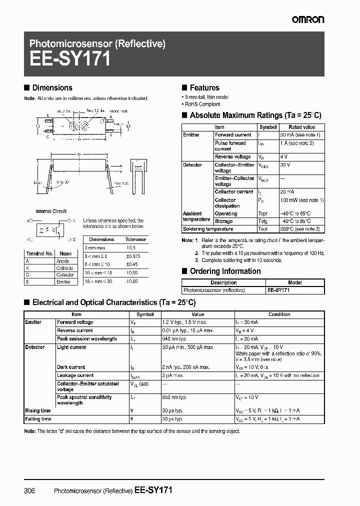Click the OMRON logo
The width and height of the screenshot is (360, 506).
pyautogui.click(x=307, y=19)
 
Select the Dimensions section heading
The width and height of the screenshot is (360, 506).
pyautogui.click(x=52, y=87)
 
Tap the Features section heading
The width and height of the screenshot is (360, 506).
pyautogui.click(x=204, y=87)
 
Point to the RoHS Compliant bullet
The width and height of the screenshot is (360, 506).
pyautogui.click(x=202, y=104)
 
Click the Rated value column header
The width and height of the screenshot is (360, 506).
pyautogui.click(x=302, y=127)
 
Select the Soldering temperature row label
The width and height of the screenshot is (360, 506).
pyautogui.click(x=208, y=229)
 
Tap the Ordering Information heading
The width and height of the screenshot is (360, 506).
pyautogui.click(x=225, y=271)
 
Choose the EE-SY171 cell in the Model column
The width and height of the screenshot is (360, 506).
pyautogui.click(x=278, y=290)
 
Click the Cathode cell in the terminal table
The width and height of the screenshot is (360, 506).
pyautogui.click(x=65, y=268)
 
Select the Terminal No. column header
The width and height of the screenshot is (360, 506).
pyautogui.click(x=39, y=253)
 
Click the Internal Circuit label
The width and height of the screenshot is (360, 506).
pyautogui.click(x=51, y=211)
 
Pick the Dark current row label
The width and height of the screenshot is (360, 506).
pyautogui.click(x=71, y=367)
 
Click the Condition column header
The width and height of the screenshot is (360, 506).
pyautogui.click(x=279, y=314)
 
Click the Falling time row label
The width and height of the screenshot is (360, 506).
pyautogui.click(x=38, y=419)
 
